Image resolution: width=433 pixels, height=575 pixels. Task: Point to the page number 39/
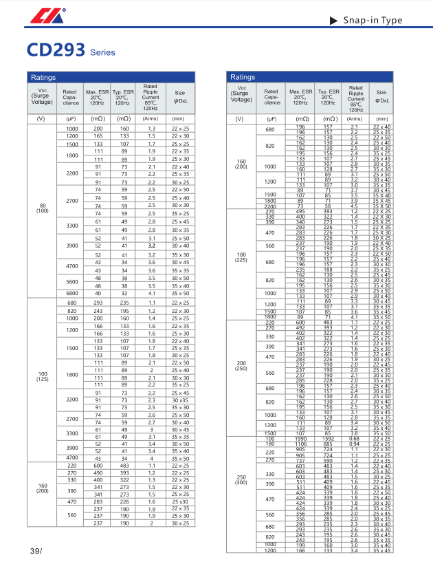[36, 552]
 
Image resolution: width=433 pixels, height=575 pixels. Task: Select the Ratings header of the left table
[43, 78]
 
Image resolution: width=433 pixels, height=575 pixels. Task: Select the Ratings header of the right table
[242, 78]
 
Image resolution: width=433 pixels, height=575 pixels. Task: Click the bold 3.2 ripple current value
[152, 245]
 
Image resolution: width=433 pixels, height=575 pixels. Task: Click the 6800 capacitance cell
[72, 293]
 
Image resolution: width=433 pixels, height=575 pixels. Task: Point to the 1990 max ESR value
[300, 439]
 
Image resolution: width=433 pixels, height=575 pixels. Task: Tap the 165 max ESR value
[98, 137]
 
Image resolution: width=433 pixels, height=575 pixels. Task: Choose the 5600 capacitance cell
[72, 282]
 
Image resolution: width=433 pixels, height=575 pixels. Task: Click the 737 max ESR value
[300, 460]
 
